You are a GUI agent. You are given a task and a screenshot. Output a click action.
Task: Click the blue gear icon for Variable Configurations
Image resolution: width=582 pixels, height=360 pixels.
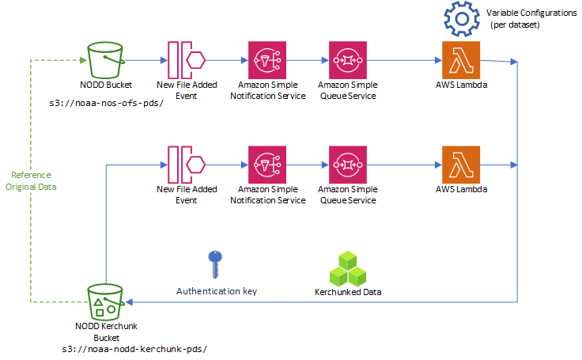point(463,19)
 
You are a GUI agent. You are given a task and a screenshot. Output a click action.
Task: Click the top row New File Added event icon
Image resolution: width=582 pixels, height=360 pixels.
point(187,59)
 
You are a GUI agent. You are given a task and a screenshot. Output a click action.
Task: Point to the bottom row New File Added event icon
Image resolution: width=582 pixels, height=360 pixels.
point(187,165)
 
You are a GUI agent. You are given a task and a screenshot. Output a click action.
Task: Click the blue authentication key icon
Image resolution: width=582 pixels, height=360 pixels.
point(214,264)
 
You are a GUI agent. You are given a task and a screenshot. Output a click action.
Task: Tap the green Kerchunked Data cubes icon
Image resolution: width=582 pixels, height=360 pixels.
point(347,268)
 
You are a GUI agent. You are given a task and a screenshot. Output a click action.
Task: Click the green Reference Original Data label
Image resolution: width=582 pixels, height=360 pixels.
point(31,180)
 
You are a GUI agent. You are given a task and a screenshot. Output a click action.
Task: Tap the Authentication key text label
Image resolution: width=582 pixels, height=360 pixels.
point(216,291)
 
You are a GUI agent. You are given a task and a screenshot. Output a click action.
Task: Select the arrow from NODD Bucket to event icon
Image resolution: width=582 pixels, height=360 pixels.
point(145,60)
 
